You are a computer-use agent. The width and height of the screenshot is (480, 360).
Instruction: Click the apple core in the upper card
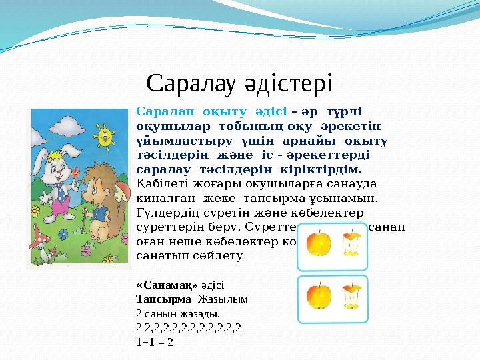click(x=351, y=244)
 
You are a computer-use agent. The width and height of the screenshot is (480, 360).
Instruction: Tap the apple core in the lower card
click(x=351, y=296)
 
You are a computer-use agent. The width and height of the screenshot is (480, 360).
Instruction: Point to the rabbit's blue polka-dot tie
click(x=62, y=182)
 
